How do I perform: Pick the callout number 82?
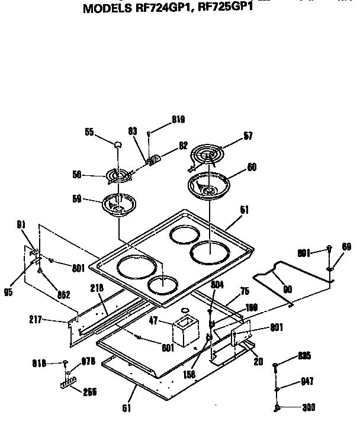point(183,144)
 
